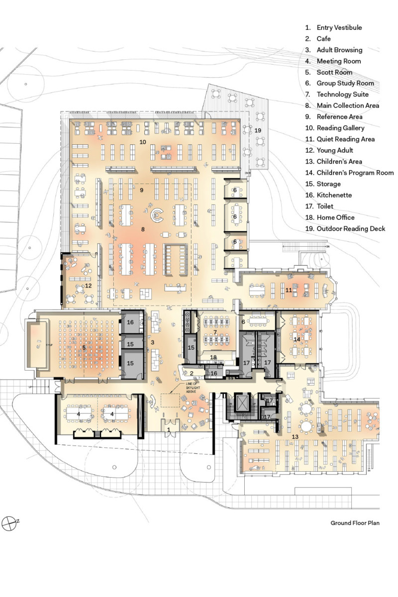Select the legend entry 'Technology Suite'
(x=342, y=95)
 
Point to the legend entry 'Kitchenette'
(x=336, y=195)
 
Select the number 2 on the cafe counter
(x=191, y=373)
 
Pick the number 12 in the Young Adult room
(x=89, y=286)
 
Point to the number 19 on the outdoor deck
(x=258, y=130)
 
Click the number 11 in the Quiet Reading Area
(x=288, y=290)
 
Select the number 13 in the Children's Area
(x=295, y=436)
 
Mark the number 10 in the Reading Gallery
(x=142, y=142)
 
